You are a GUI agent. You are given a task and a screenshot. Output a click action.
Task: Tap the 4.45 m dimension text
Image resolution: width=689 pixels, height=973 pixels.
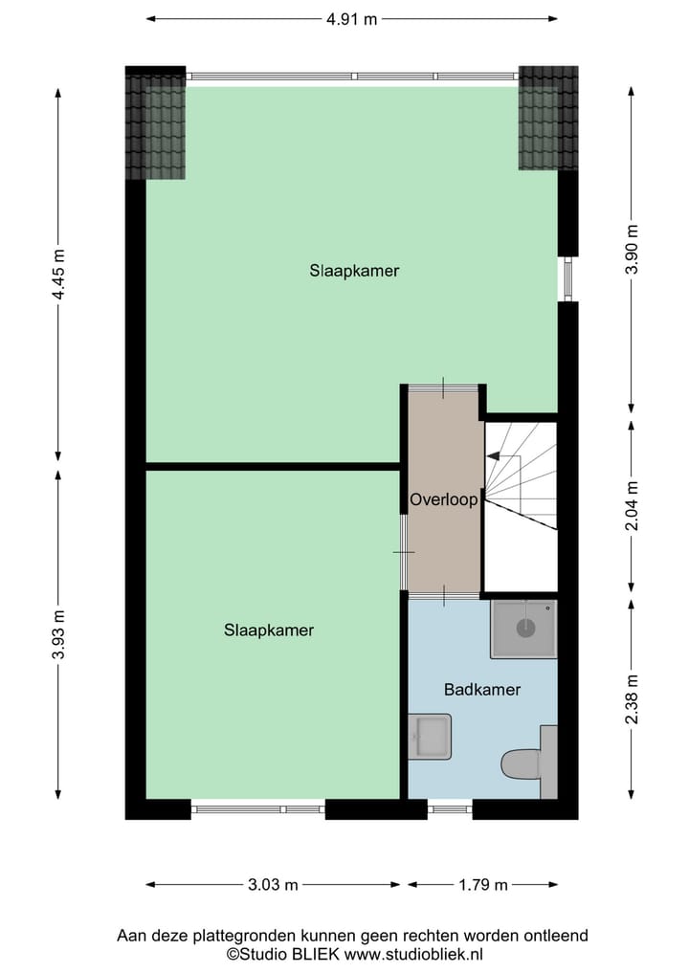[59, 275]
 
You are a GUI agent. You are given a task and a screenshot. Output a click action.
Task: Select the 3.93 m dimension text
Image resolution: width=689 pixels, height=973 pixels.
[59, 635]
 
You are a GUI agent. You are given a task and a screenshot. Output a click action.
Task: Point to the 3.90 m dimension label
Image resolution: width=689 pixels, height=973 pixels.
[631, 249]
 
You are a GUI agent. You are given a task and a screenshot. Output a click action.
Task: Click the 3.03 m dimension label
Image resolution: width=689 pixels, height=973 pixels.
[272, 885]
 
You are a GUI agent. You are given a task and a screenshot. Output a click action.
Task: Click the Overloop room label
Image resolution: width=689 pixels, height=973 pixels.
[443, 499]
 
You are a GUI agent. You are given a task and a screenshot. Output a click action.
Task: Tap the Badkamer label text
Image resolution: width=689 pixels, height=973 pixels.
[482, 689]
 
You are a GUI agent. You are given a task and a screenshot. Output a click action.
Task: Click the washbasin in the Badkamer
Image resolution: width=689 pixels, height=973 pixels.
[430, 737]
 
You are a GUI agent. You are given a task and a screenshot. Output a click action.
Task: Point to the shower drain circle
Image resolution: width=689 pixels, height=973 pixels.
[525, 629]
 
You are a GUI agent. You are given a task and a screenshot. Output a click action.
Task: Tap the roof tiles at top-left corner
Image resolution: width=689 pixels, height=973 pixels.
[155, 125]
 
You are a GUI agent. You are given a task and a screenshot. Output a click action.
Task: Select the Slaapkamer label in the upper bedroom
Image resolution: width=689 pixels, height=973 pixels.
[354, 271]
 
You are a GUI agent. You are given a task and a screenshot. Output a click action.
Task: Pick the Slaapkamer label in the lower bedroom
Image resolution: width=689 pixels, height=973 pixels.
[269, 630]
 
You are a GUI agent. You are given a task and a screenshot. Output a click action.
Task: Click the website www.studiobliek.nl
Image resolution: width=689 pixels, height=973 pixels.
[413, 954]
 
